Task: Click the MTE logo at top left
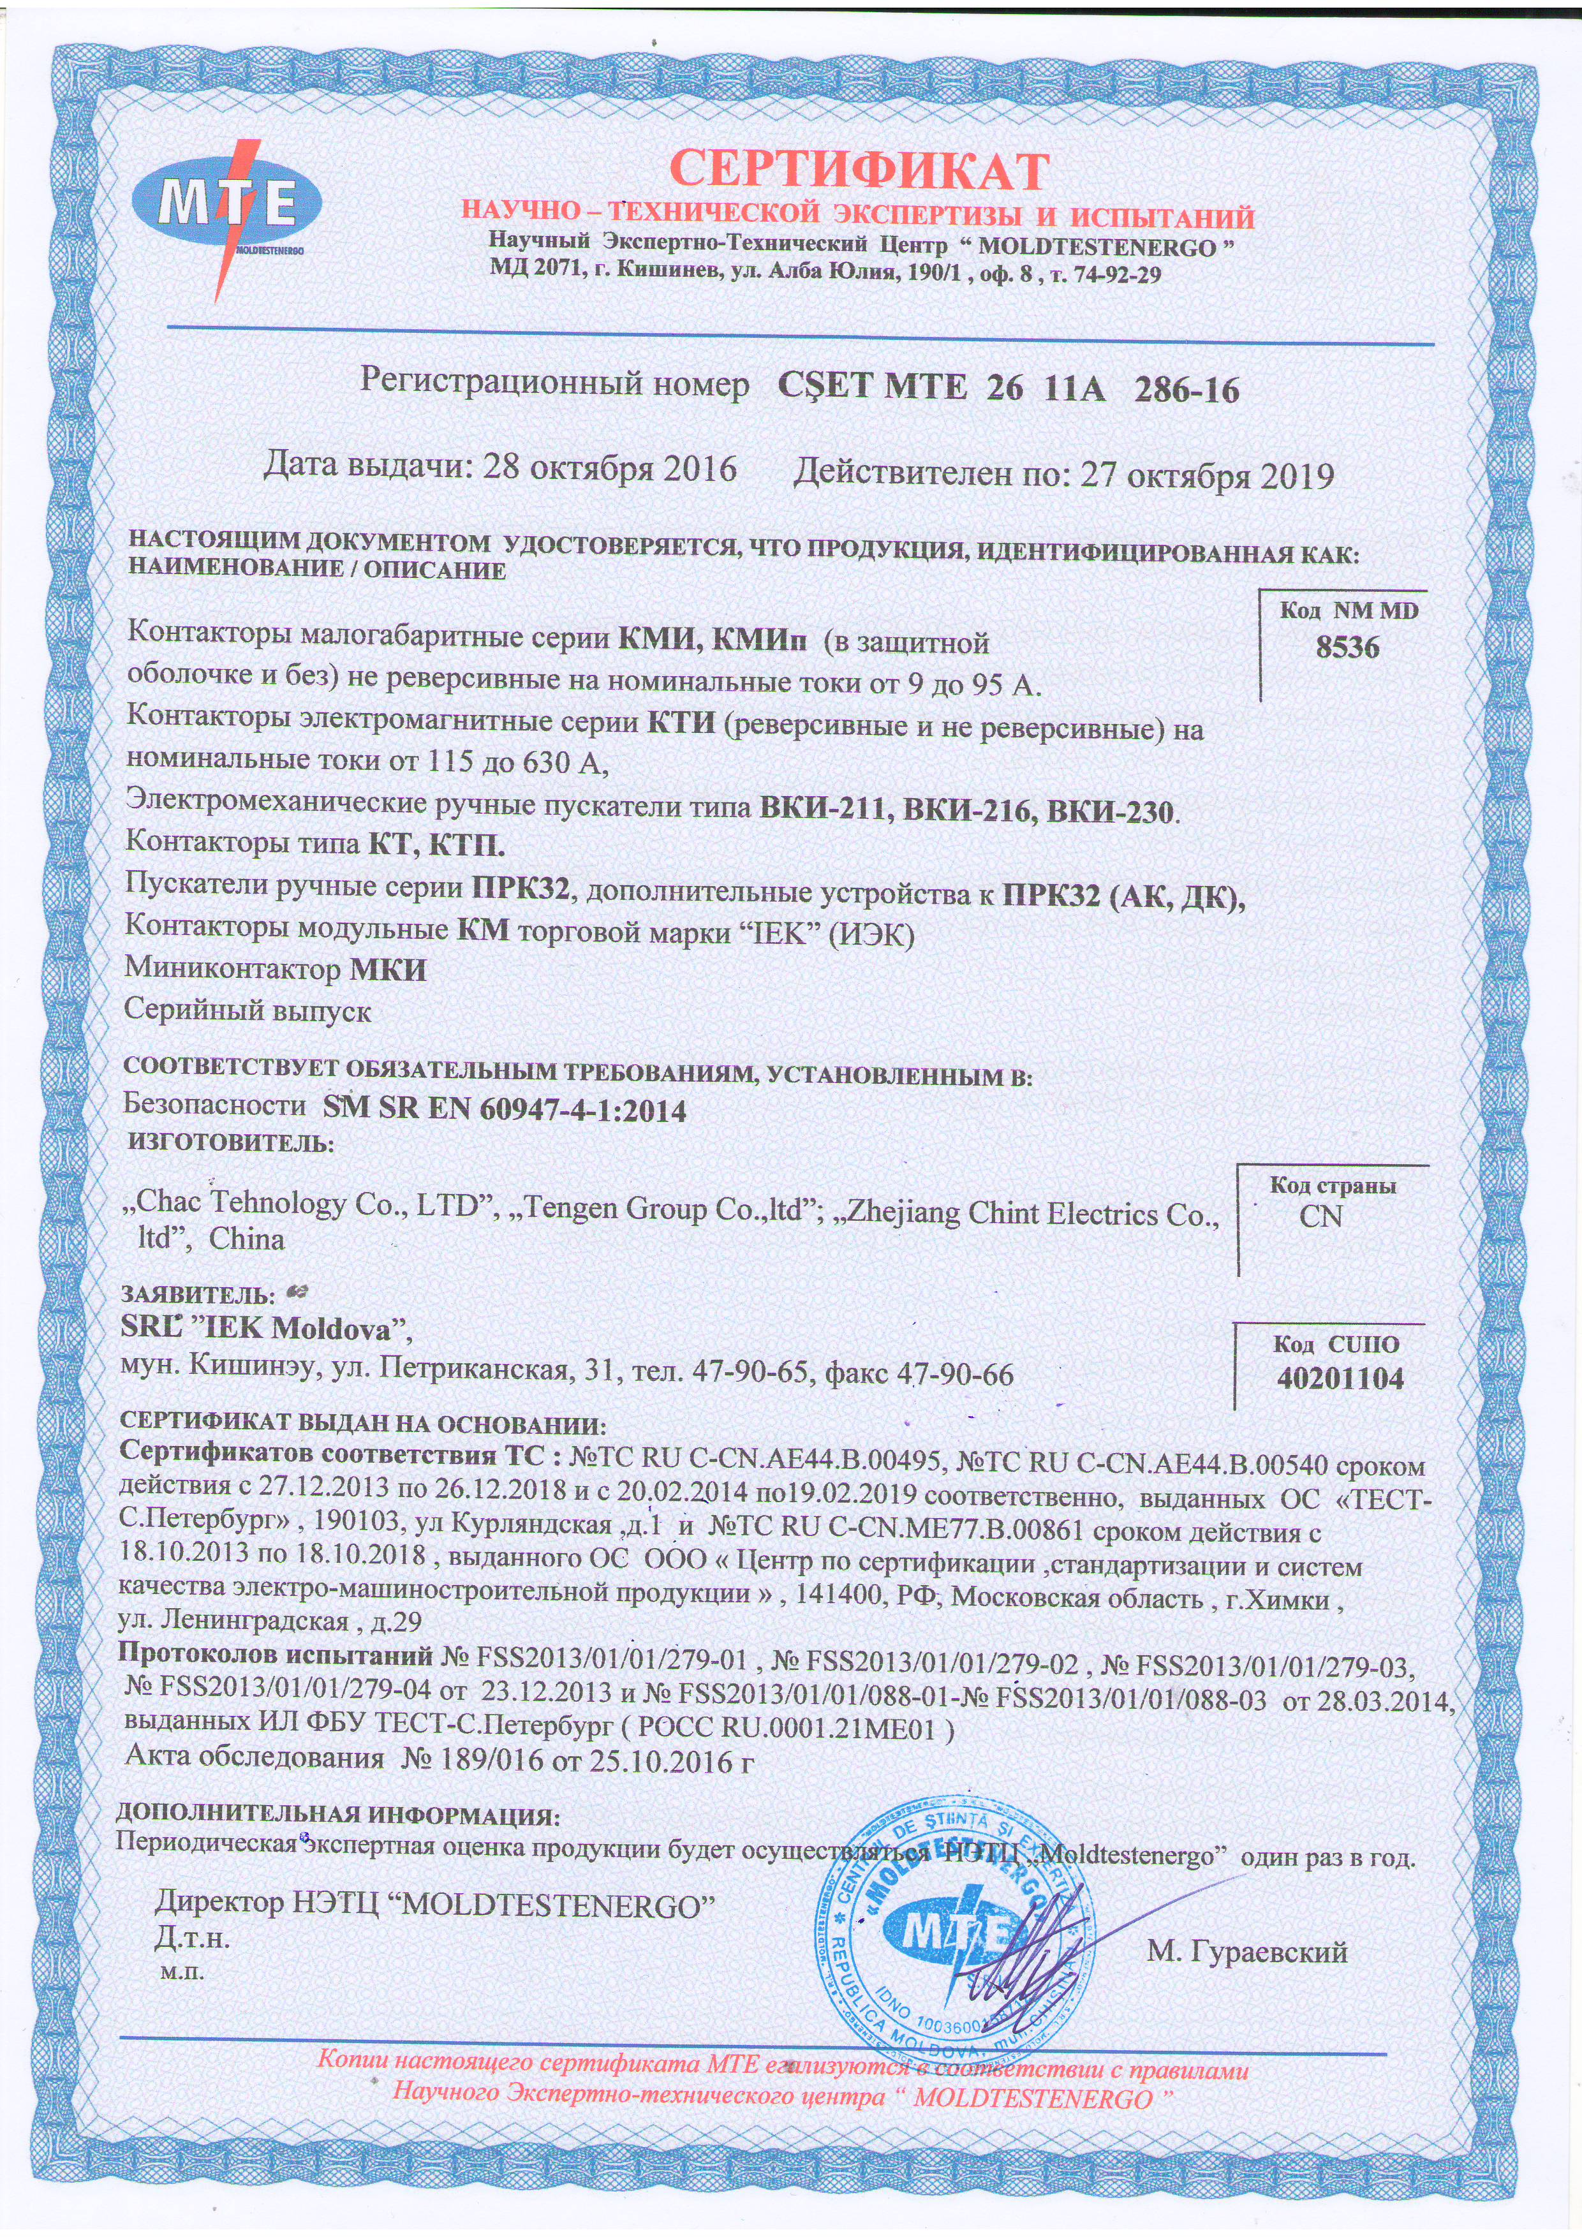227,205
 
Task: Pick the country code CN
1321,1217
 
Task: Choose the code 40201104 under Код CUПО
1340,1378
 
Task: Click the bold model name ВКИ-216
967,809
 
